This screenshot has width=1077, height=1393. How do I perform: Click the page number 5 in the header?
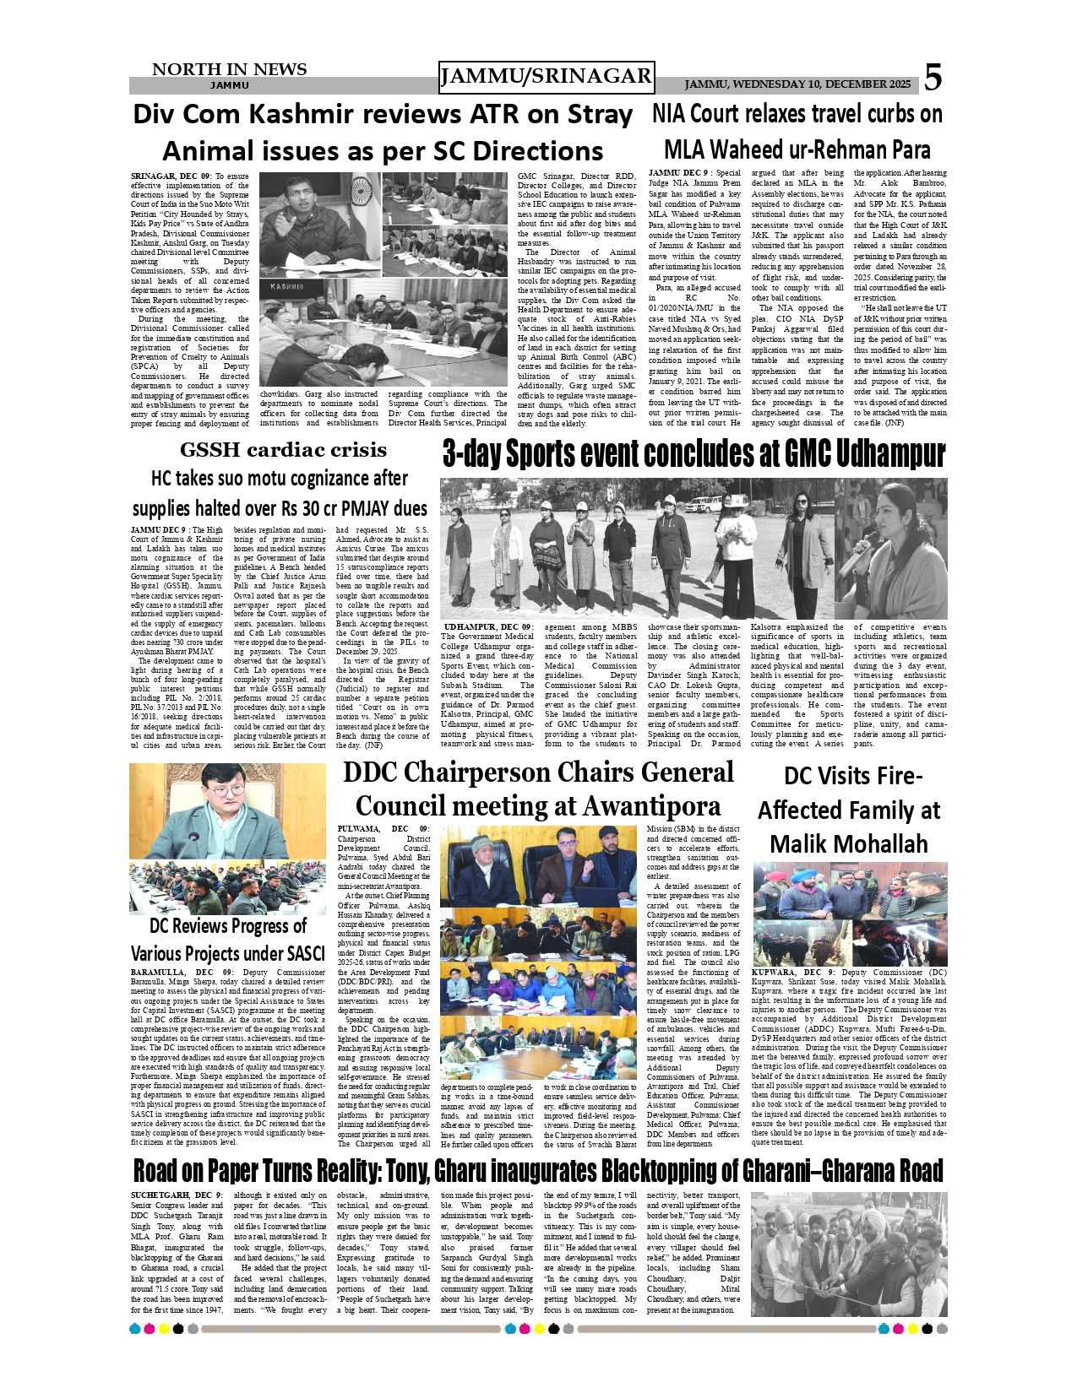(932, 78)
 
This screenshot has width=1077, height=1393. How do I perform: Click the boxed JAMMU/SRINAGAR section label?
(547, 77)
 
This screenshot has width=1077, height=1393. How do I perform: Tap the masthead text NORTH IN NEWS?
(229, 69)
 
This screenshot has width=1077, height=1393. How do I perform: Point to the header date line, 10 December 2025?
(797, 84)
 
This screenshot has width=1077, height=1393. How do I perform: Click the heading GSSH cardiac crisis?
(283, 450)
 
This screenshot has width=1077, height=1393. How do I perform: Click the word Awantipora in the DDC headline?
(649, 806)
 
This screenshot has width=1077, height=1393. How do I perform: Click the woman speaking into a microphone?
(891, 549)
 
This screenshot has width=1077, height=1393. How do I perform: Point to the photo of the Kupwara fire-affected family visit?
(849, 914)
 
